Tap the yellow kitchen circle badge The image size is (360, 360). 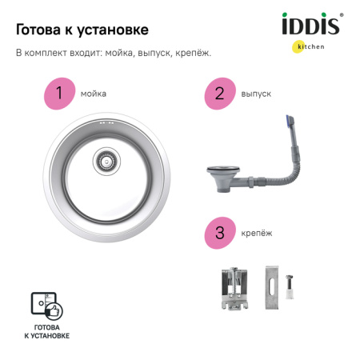click(298, 46)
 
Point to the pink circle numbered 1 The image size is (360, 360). click(58, 94)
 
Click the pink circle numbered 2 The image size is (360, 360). click(218, 94)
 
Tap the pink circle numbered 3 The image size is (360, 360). click(218, 232)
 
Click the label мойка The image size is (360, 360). click(93, 94)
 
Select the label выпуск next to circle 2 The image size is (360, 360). click(256, 94)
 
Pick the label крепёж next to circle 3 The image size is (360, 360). click(256, 233)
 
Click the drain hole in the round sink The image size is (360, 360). click(104, 159)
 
